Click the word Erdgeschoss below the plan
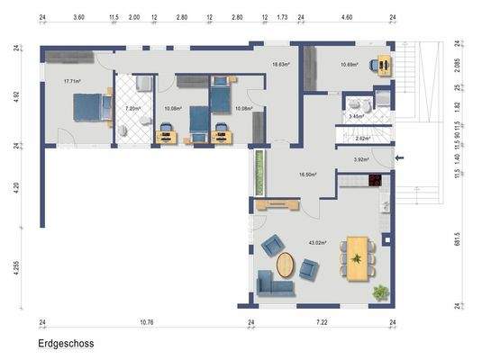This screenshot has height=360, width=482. point(66,343)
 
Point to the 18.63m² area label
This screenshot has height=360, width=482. point(283,65)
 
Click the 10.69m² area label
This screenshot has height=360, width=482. point(350,65)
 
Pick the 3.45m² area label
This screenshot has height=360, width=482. point(358,116)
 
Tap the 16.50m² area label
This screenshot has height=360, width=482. point(309,175)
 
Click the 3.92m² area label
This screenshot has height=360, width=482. point(361,159)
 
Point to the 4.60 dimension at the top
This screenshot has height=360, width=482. point(347,17)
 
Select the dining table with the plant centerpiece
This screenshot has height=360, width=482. point(359,259)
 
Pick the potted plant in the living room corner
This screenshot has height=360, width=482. point(382,292)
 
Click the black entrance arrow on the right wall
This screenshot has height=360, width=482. point(402,159)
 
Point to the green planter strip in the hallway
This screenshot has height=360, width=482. point(259,172)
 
